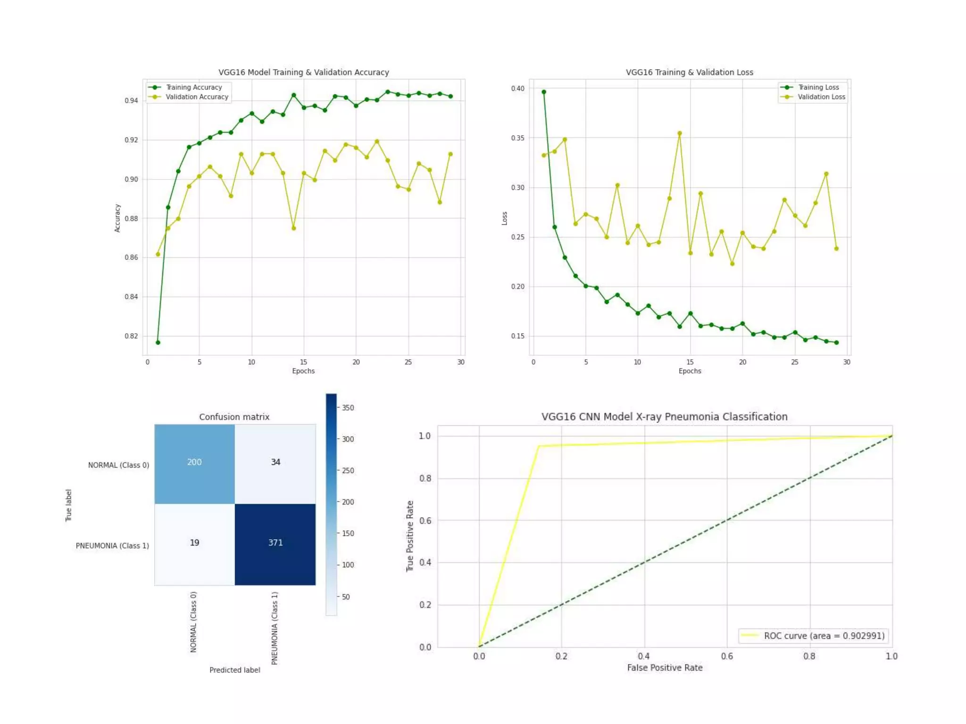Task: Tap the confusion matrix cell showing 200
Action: (x=194, y=462)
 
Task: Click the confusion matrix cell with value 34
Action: (x=275, y=462)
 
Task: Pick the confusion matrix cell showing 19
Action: (x=194, y=543)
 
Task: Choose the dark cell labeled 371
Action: (x=275, y=543)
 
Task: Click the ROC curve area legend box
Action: (x=814, y=636)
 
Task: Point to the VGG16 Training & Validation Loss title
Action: (x=689, y=72)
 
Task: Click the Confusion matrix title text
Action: (x=234, y=417)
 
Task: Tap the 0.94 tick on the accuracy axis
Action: (x=131, y=100)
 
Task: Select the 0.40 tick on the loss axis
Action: (x=517, y=89)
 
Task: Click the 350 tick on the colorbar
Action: (x=348, y=408)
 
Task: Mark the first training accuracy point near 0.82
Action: (x=158, y=342)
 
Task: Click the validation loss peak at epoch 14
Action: (x=680, y=133)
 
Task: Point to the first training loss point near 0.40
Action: (x=544, y=92)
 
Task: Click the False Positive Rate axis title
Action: (x=665, y=668)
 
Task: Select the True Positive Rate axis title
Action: (x=410, y=536)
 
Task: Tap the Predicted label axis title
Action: (x=234, y=670)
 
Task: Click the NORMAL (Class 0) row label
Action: (x=118, y=465)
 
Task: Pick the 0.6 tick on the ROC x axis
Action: (x=727, y=656)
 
